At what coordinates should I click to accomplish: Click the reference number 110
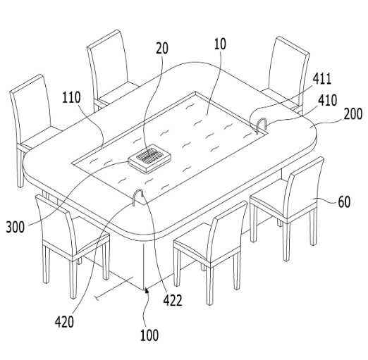[71, 97]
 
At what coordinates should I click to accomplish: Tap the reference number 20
[162, 49]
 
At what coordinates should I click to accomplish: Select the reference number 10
[220, 44]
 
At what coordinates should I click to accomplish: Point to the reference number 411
[322, 79]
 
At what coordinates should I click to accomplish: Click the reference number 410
[328, 100]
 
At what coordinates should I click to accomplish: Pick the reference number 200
[353, 114]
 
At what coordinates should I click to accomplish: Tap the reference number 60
[344, 201]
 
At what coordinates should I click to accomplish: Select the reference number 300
[16, 227]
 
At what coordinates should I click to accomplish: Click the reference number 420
[64, 322]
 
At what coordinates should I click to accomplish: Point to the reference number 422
[173, 300]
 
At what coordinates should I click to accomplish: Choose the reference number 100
[149, 335]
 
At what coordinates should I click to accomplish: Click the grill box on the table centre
[149, 159]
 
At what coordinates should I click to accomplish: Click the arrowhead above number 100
[147, 291]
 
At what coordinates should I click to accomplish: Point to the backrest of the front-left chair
[56, 225]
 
